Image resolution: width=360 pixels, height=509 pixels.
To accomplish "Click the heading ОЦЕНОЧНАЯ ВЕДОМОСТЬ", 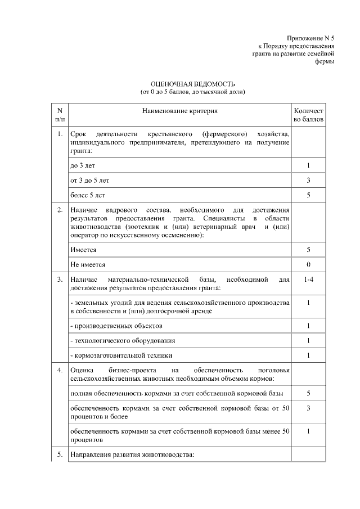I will pos(192,84).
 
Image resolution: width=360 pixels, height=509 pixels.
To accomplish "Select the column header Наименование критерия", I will pos(179,111).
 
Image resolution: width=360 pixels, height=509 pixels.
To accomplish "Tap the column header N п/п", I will pos(60,115).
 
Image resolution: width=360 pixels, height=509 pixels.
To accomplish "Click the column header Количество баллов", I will pos(308,115).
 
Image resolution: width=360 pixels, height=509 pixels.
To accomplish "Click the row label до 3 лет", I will pos(83,166).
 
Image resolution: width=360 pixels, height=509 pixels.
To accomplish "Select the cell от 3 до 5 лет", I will pos(89,181).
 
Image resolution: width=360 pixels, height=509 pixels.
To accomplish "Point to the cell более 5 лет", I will pos(88,195).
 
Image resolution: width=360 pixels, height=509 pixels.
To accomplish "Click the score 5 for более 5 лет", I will pos(308,195).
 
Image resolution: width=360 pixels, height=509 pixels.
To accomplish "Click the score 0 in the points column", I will pos(308,264).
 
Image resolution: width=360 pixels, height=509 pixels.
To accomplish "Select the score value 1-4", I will pos(308,279).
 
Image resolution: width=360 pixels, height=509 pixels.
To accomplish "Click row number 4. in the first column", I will pos(60,370).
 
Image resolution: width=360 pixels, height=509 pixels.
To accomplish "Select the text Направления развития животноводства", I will pos(132,455).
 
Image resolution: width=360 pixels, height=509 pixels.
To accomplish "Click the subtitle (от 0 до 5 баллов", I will pos(192,91).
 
